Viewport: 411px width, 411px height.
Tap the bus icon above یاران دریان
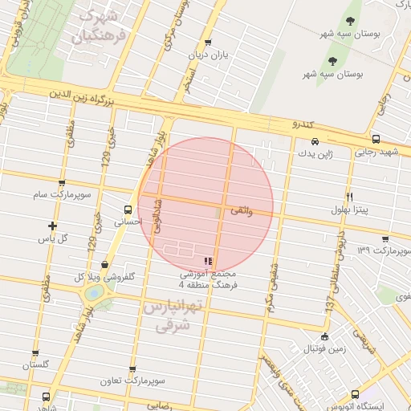click(208, 43)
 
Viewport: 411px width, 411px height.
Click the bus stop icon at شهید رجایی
click(376, 139)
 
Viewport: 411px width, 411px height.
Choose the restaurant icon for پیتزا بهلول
click(349, 197)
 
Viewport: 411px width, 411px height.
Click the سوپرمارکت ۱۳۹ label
click(385, 251)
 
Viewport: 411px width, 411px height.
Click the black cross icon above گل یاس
click(53, 226)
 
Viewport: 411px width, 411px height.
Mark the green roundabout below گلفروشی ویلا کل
click(94, 294)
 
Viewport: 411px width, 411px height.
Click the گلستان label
click(36, 364)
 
